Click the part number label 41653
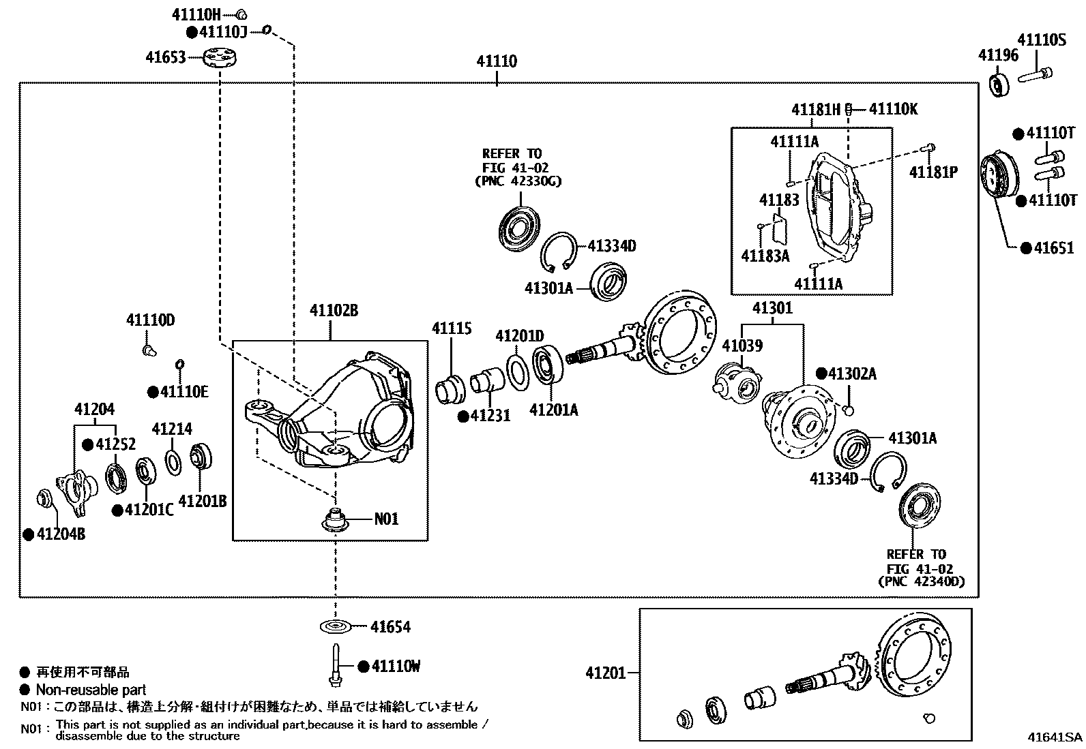pos(165,58)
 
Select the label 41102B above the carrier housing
pos(334,311)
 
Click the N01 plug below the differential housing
pos(334,520)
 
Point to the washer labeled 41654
pos(335,626)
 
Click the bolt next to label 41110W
pos(335,665)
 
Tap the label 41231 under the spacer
pos(489,416)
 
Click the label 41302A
pos(852,373)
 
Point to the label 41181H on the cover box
pos(815,110)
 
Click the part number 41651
pos(1053,248)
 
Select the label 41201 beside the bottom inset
pos(605,673)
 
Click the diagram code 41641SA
pos(1055,737)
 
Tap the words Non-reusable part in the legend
pos(91,690)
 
